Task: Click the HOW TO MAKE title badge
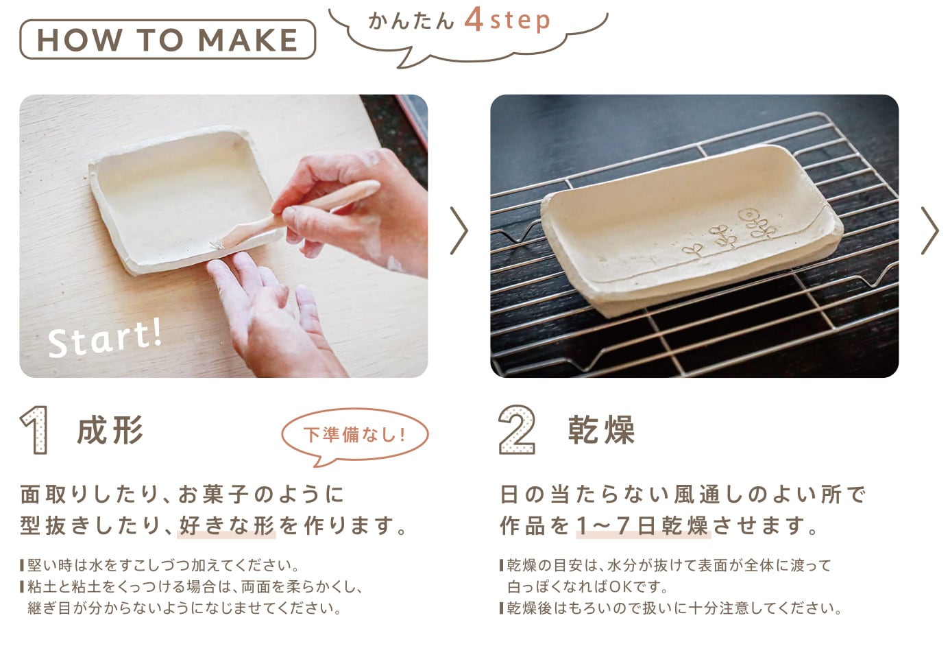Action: tap(167, 40)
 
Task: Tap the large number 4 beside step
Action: tap(474, 20)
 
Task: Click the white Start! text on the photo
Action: tap(105, 338)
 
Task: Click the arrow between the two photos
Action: tap(459, 231)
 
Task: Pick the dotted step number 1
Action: tap(35, 430)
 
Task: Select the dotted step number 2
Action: tap(517, 429)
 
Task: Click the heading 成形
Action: tap(110, 430)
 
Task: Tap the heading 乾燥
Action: tap(601, 430)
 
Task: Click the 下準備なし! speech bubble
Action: tap(354, 435)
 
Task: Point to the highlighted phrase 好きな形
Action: tap(226, 526)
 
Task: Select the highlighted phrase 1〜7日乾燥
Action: tap(643, 526)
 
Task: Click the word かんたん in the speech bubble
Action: tap(411, 21)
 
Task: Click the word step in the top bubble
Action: tap(520, 21)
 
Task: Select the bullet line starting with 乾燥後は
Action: tap(670, 608)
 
